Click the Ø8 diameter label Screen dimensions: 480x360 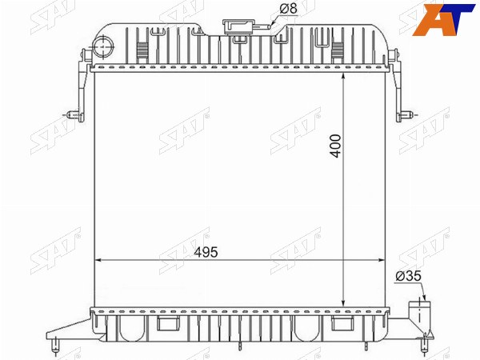coord(288,9)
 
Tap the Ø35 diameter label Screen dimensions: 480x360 coord(408,276)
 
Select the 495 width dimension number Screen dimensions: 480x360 coord(206,253)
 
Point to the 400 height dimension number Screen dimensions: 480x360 coord(336,146)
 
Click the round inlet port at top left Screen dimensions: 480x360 coord(103,46)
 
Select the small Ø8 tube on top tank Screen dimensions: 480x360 coord(261,27)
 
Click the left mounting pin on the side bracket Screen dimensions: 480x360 coord(74,114)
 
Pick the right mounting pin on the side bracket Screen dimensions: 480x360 coord(406,115)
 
